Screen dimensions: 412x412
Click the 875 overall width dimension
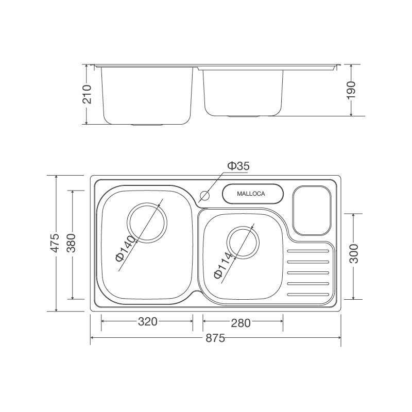click(x=216, y=338)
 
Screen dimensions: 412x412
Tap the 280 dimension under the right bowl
click(x=241, y=323)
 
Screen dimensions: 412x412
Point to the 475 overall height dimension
click(x=56, y=243)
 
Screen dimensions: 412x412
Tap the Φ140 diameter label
click(x=125, y=249)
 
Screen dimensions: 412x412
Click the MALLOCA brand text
click(x=251, y=194)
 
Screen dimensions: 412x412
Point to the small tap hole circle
click(x=204, y=196)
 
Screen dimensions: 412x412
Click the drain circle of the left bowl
click(x=148, y=223)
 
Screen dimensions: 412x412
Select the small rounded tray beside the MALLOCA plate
click(x=312, y=211)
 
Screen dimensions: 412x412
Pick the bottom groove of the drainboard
click(x=307, y=294)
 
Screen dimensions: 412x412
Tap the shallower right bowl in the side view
click(x=243, y=93)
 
